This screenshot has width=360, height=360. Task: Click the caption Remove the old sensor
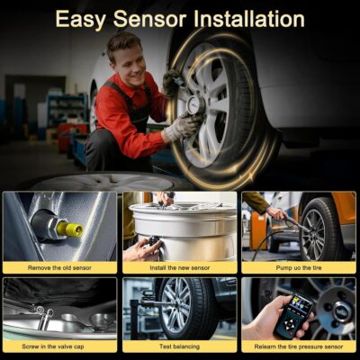coord(59,267)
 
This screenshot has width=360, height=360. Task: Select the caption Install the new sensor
coord(179,267)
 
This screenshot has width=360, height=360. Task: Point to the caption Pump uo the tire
coord(299,267)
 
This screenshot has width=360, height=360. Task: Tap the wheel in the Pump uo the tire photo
coord(316,231)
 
